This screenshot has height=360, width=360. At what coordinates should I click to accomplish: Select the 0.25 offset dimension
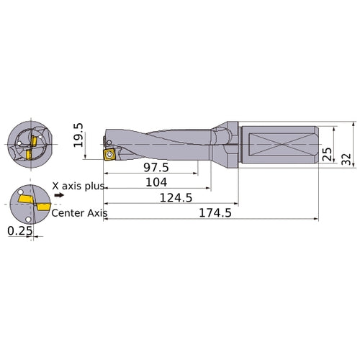tap(17, 230)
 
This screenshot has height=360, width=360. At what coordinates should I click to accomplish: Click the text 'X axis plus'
tap(79, 186)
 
